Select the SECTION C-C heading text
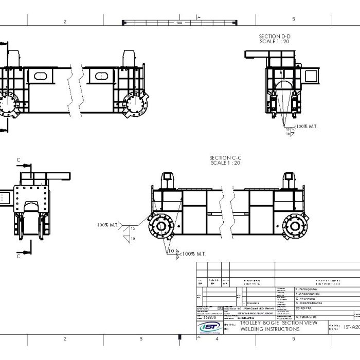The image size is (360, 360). tap(225, 157)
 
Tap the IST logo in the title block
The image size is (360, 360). tap(209, 327)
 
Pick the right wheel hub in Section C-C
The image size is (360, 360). tap(295, 224)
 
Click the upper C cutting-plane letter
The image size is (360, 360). tap(19, 160)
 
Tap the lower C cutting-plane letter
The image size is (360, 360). tap(19, 256)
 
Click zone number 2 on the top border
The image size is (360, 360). tap(65, 21)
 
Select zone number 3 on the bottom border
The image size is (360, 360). tap(141, 339)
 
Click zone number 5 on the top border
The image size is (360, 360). tap(294, 20)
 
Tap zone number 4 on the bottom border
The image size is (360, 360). tap(217, 339)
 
